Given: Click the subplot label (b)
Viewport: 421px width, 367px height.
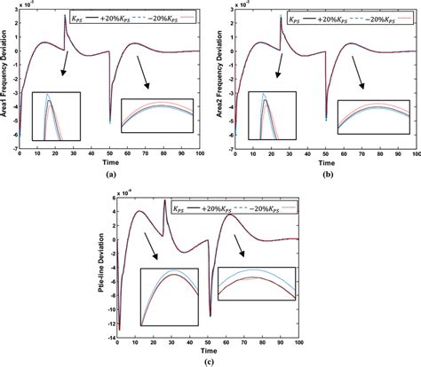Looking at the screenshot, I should pos(320,176).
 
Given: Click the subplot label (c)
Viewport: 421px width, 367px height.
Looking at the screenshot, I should pos(210,360).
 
